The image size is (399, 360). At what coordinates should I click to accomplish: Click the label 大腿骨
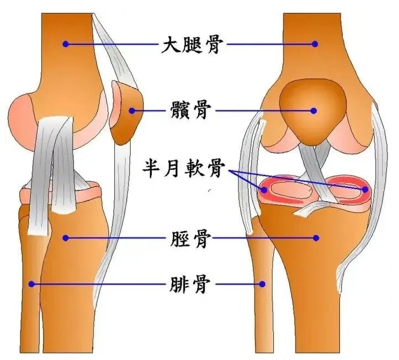click(191, 44)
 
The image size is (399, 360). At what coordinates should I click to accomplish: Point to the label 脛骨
click(188, 239)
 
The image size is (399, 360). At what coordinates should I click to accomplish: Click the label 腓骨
click(188, 284)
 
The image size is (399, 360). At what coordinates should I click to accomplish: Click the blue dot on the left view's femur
click(66, 44)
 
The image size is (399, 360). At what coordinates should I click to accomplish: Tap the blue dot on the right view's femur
click(315, 44)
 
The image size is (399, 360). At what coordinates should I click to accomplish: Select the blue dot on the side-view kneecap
click(132, 110)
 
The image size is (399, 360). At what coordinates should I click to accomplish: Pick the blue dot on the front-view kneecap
click(313, 111)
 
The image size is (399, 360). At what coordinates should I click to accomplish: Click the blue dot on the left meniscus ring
click(264, 190)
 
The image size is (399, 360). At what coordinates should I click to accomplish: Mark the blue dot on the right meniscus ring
click(365, 190)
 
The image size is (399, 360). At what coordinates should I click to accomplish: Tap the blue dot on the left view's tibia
click(66, 238)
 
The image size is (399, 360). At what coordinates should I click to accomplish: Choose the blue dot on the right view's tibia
click(316, 238)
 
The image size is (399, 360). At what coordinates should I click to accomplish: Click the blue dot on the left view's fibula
click(32, 284)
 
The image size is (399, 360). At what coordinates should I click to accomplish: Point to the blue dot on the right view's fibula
click(263, 284)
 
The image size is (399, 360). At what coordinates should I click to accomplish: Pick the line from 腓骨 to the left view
click(99, 284)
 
